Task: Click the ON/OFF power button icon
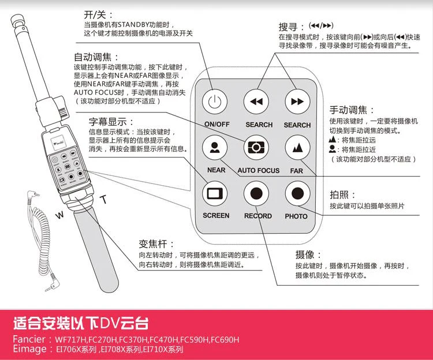point(215,102)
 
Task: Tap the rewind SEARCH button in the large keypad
point(256,102)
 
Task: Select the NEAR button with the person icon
point(215,147)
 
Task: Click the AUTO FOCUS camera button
point(256,148)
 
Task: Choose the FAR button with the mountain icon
point(297,148)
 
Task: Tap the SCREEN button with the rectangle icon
point(215,193)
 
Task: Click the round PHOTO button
point(297,193)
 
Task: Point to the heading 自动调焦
point(93,57)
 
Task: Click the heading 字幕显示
point(108,122)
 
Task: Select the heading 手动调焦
point(348,110)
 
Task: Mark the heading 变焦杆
point(153,244)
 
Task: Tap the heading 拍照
point(339,195)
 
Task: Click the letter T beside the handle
point(103,199)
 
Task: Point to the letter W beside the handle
point(59,215)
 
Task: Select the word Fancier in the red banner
point(29,339)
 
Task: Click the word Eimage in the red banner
point(30,349)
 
